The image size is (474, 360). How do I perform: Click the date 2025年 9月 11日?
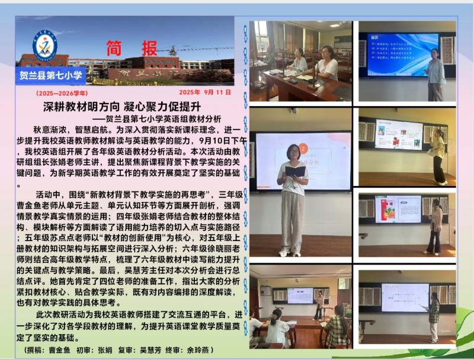[x=204, y=92]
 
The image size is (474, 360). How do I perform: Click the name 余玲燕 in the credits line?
[x=212, y=349]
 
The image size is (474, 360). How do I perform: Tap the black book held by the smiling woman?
[x=294, y=171]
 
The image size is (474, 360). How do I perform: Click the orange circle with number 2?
[x=303, y=149]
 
